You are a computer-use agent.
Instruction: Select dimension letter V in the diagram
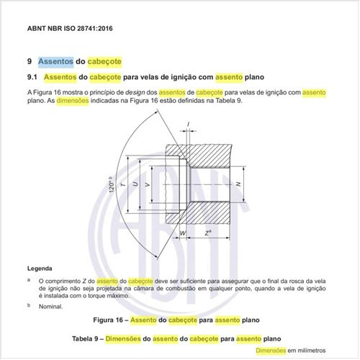click(148, 185)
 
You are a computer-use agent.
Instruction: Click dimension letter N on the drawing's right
click(238, 185)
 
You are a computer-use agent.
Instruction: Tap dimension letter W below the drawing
click(183, 234)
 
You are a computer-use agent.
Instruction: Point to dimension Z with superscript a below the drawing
click(207, 233)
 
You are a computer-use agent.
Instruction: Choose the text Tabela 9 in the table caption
click(93, 337)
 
